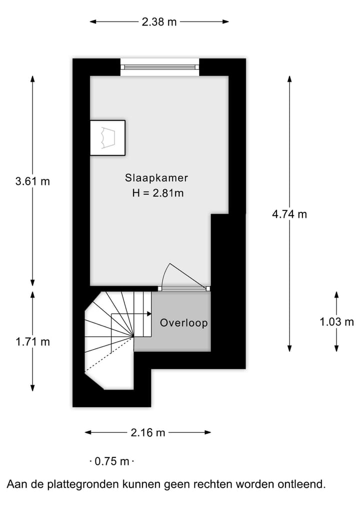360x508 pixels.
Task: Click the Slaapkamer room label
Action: pyautogui.click(x=156, y=178)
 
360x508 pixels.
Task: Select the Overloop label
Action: pyautogui.click(x=183, y=323)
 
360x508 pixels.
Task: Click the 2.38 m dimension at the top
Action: pyautogui.click(x=159, y=21)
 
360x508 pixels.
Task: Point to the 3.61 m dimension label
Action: pyautogui.click(x=32, y=181)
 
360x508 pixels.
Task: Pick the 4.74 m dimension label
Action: pyautogui.click(x=289, y=214)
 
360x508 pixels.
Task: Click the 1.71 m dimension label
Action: pyautogui.click(x=32, y=342)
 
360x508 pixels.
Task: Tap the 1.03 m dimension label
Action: pyautogui.click(x=336, y=322)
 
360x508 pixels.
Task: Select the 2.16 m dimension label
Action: pyautogui.click(x=148, y=433)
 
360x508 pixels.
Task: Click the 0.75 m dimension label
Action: pyautogui.click(x=112, y=462)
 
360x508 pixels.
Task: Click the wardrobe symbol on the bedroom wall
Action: pyautogui.click(x=107, y=137)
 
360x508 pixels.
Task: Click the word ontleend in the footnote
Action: pyautogui.click(x=305, y=484)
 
